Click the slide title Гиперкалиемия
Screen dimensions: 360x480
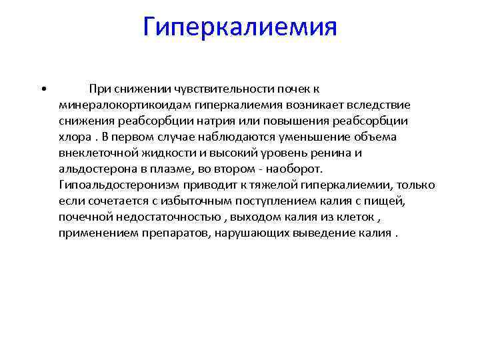240,28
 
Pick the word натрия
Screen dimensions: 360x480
224,121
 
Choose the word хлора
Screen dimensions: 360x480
73,137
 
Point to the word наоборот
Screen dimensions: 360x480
295,169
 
